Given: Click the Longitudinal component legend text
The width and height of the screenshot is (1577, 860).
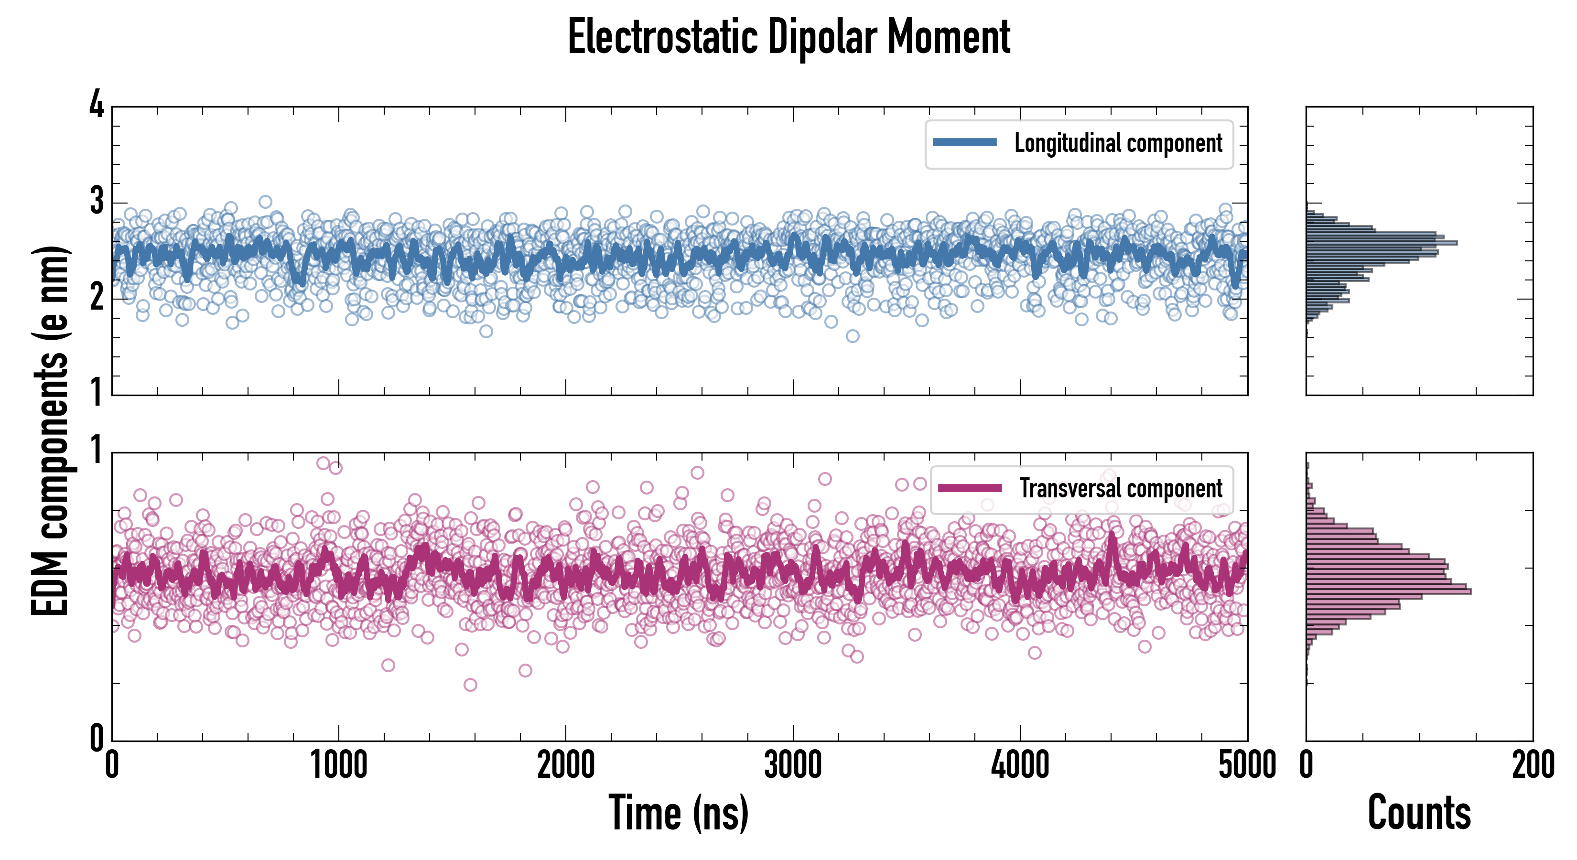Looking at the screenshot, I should (x=1118, y=143).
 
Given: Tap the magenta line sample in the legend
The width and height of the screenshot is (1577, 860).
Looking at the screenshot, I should (x=969, y=488).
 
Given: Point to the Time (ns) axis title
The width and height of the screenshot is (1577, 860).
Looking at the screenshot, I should (x=678, y=813).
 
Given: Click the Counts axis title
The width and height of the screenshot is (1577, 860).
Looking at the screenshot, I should (x=1419, y=813).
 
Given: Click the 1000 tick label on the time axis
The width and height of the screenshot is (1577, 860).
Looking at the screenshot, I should (x=338, y=765).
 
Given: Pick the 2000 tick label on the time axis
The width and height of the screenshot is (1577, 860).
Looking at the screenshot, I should (x=566, y=765).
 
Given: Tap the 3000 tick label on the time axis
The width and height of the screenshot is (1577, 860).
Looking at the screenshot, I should (x=793, y=765).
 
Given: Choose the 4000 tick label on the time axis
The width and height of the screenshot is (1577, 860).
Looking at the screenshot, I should (x=1020, y=765).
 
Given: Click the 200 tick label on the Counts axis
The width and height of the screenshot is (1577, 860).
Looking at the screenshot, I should (x=1533, y=765).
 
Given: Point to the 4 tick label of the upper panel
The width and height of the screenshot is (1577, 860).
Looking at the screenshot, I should (x=97, y=105).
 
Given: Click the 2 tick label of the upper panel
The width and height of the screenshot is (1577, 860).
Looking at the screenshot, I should (x=97, y=298).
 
